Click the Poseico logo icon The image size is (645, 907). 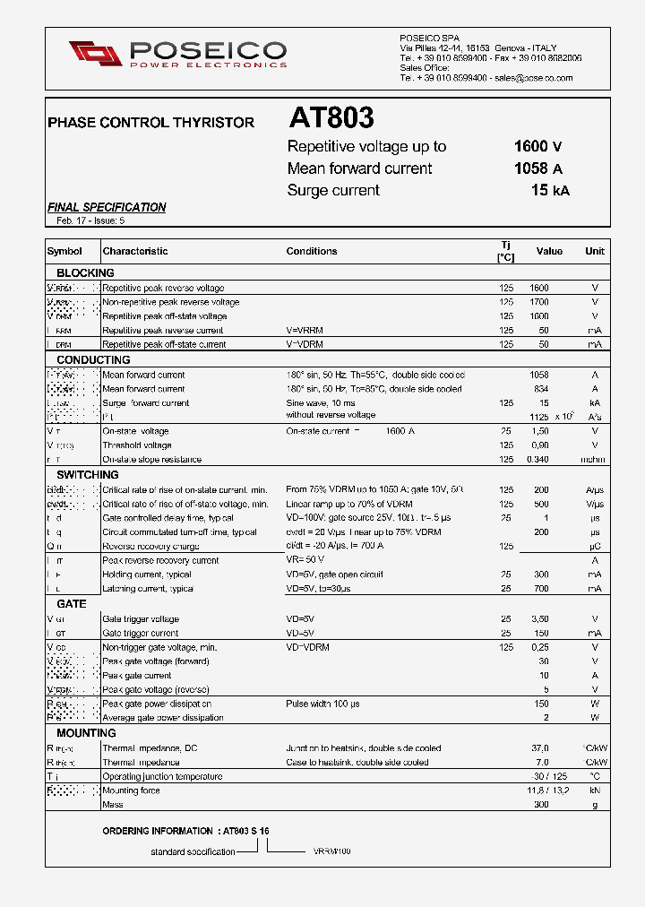95,53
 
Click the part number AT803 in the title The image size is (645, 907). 331,118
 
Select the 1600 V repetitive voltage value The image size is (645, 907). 537,146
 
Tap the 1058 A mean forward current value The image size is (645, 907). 537,168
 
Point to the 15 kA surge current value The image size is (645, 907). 549,190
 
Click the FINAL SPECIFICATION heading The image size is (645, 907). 107,207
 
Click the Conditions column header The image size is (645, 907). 312,251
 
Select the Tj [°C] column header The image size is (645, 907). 506,251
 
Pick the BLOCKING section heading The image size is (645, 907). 85,272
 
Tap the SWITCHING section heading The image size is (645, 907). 88,474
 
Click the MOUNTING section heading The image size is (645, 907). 86,733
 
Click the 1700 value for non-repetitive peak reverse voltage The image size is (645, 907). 538,302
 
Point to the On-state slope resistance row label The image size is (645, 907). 151,460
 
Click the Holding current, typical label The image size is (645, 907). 147,574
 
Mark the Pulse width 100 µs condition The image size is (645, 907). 322,704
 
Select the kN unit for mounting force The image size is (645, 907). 595,791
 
